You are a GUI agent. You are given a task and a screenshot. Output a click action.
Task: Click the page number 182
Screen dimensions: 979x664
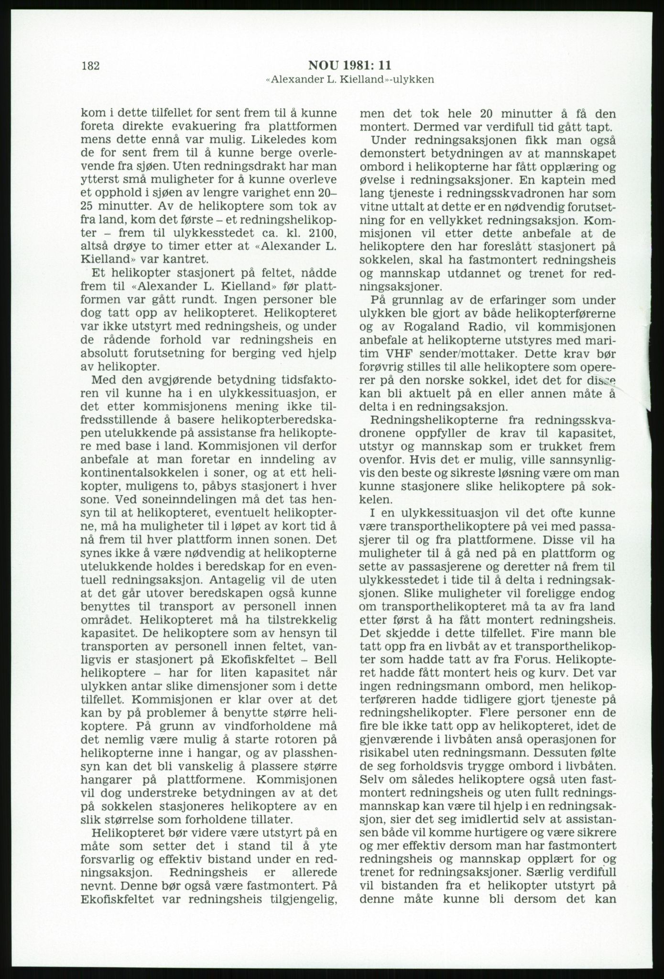pos(91,66)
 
